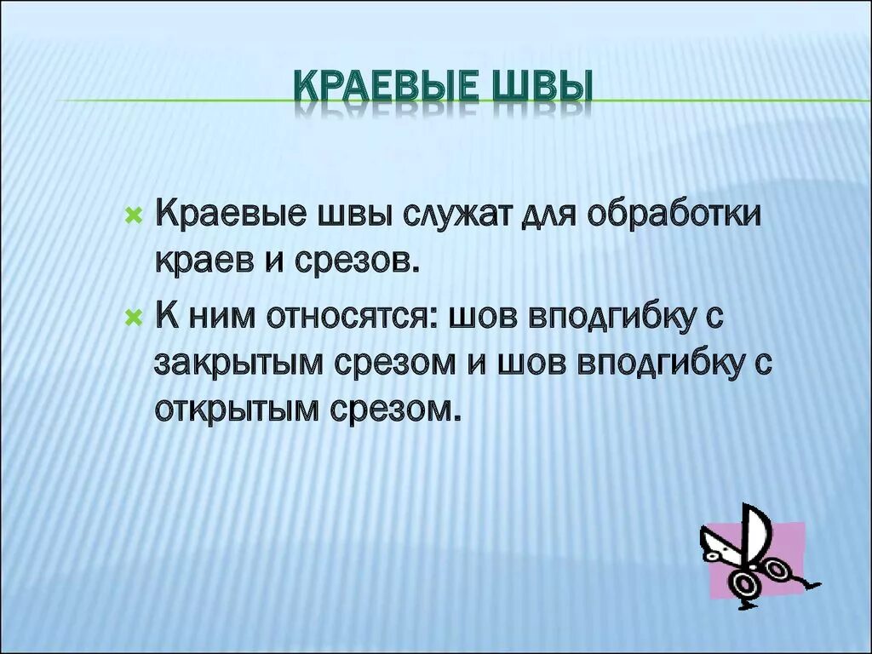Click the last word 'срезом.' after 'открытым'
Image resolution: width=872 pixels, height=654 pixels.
(393, 410)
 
